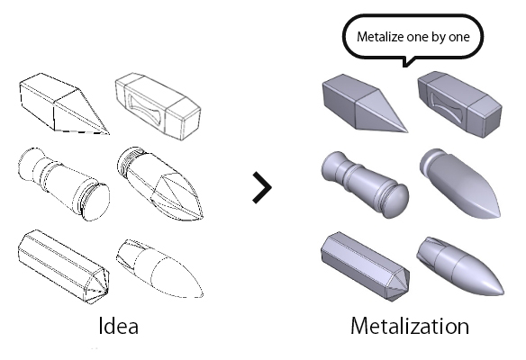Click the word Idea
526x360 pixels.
(118, 326)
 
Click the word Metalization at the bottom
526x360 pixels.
(410, 326)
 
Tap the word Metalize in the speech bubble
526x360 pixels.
(380, 37)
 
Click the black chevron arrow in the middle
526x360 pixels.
(262, 187)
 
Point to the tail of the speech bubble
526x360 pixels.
(408, 63)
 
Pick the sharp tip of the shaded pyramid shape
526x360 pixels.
(407, 131)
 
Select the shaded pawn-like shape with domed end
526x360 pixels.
(365, 184)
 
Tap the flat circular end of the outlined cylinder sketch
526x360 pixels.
(95, 202)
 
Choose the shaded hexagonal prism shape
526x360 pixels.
(365, 266)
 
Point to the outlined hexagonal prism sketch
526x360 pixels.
(63, 266)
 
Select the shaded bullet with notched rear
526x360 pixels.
(460, 266)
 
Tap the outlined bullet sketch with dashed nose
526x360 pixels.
(159, 268)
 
